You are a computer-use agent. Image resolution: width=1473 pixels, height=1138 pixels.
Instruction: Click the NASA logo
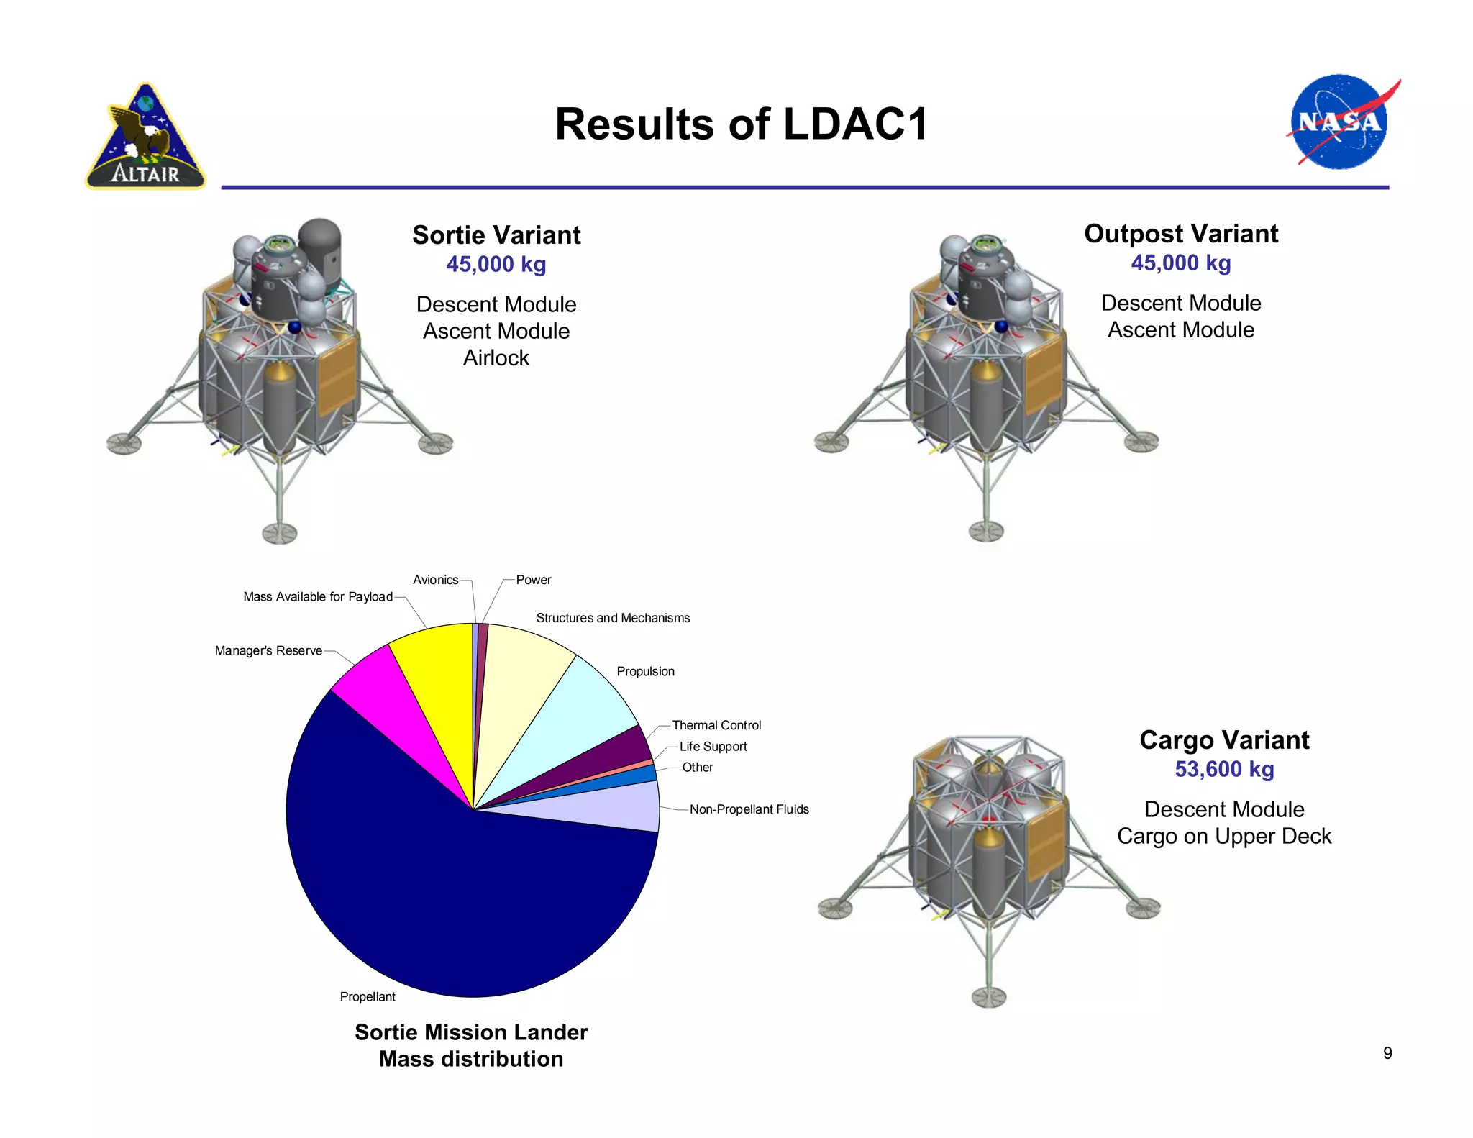(x=1339, y=122)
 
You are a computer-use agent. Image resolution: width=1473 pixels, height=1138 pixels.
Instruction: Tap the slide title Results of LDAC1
(x=742, y=124)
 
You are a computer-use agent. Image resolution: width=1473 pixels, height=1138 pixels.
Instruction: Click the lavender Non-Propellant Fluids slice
(x=611, y=806)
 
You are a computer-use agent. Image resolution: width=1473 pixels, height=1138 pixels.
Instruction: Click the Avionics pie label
(x=435, y=580)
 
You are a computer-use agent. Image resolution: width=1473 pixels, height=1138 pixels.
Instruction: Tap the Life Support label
(x=713, y=747)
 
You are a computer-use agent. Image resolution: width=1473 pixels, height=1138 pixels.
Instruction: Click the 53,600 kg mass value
(x=1224, y=769)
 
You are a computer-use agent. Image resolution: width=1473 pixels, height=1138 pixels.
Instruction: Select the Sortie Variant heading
(x=496, y=235)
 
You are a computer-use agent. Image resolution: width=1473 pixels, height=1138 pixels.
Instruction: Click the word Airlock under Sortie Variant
(x=496, y=358)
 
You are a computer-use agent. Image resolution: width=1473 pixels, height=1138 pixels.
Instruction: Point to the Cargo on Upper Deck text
(x=1224, y=836)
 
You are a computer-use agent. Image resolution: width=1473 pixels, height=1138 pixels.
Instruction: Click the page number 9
(x=1387, y=1053)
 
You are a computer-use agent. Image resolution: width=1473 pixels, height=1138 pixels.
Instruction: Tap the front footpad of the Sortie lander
(x=279, y=534)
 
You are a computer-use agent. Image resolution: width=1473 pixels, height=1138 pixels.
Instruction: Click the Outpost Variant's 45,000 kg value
(x=1181, y=263)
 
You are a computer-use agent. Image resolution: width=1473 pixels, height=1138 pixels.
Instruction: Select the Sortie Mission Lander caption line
(x=471, y=1032)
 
